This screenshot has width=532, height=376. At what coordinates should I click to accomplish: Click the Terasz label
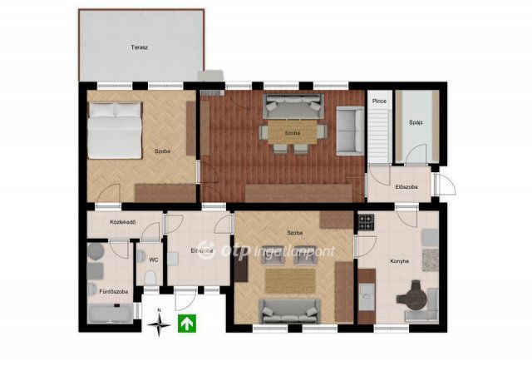pyautogui.click(x=139, y=47)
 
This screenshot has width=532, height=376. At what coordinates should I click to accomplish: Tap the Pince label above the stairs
pyautogui.click(x=379, y=101)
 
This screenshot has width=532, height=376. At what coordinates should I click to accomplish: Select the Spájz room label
pyautogui.click(x=416, y=122)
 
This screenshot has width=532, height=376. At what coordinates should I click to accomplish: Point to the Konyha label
pyautogui.click(x=399, y=261)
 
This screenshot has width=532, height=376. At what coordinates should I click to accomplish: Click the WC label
pyautogui.click(x=153, y=260)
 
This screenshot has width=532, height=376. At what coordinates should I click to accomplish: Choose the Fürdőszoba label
pyautogui.click(x=113, y=291)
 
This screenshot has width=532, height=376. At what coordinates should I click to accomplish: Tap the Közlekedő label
pyautogui.click(x=123, y=222)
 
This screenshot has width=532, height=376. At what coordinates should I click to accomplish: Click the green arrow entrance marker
pyautogui.click(x=187, y=324)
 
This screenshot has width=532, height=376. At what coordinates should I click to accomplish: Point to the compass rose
pyautogui.click(x=159, y=324)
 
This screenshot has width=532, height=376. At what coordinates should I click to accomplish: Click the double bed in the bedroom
pyautogui.click(x=115, y=131)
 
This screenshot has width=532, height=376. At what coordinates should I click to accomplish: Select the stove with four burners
pyautogui.click(x=366, y=222)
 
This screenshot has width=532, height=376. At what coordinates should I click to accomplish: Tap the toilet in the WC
pyautogui.click(x=150, y=278)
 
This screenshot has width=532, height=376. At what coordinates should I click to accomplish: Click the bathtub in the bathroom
pyautogui.click(x=111, y=314)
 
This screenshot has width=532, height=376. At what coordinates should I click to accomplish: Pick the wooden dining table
pyautogui.click(x=293, y=131)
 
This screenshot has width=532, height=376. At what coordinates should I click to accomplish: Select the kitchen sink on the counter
pyautogui.click(x=367, y=297)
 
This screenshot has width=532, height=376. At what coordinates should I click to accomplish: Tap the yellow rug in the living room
pyautogui.click(x=290, y=281)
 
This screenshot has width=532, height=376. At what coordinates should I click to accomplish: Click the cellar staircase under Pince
pyautogui.click(x=379, y=136)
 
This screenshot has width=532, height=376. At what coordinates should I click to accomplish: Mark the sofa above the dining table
pyautogui.click(x=293, y=106)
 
